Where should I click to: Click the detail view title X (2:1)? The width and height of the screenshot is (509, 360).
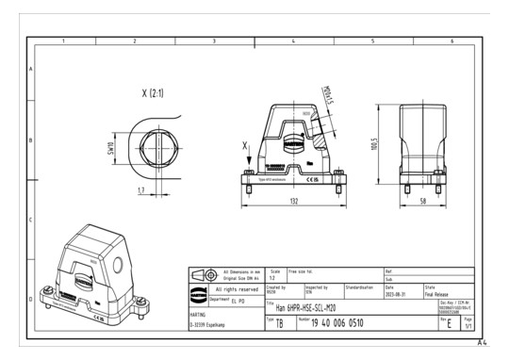click(156, 94)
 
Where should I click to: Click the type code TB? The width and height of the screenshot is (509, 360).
click(278, 323)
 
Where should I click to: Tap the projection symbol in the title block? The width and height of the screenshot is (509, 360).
click(206, 273)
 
